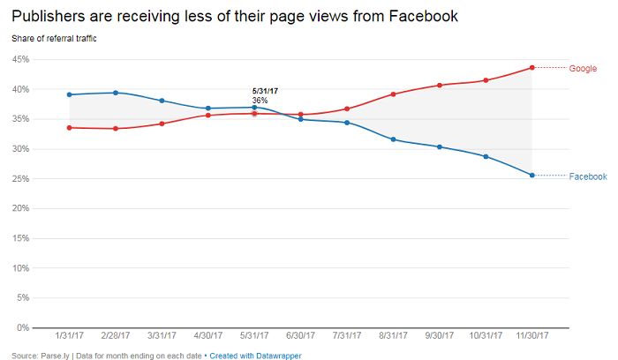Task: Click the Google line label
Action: click(583, 68)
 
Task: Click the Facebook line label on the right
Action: click(588, 176)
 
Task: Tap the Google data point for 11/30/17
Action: click(531, 67)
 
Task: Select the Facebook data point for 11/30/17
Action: click(531, 176)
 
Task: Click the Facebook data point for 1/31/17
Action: click(69, 94)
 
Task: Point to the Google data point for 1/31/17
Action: click(69, 127)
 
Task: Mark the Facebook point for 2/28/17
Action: click(116, 93)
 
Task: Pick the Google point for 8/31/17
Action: click(393, 94)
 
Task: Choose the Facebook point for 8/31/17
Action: click(393, 139)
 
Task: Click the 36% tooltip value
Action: click(260, 101)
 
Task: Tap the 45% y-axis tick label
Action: click(20, 59)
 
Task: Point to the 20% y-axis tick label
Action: click(20, 208)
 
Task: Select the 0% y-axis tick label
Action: click(23, 327)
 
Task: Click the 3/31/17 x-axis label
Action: click(162, 336)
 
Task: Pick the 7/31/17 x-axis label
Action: click(347, 336)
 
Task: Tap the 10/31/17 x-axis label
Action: click(486, 336)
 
